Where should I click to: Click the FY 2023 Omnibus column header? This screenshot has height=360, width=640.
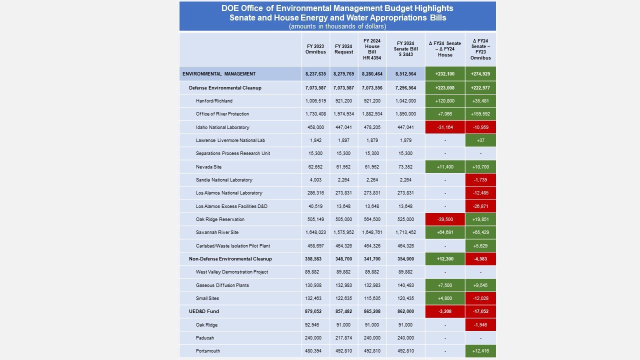(315, 49)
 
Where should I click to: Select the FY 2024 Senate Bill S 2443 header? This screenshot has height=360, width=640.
(405, 49)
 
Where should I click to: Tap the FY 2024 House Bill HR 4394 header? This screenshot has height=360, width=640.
(371, 49)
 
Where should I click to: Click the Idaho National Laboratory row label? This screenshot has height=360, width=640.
(222, 127)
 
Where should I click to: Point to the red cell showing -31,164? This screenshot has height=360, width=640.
(445, 127)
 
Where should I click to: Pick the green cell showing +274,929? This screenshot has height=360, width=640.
(480, 74)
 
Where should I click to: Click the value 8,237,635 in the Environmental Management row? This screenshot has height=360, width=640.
(315, 74)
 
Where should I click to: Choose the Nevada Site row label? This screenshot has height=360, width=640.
(208, 166)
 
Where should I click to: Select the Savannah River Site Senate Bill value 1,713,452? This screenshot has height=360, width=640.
(405, 232)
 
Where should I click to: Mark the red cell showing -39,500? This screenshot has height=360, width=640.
(445, 219)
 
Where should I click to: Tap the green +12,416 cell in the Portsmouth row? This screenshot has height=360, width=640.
(480, 351)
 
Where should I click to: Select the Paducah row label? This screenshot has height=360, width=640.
(204, 337)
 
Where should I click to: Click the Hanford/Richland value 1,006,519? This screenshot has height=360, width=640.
(315, 100)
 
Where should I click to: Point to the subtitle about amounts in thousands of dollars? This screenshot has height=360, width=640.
(337, 26)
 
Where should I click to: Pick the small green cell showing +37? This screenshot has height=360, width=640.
(480, 140)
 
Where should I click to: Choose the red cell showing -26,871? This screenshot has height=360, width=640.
(480, 206)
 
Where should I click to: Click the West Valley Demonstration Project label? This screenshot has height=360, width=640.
(231, 272)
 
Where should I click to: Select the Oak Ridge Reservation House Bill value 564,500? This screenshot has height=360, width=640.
(371, 219)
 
